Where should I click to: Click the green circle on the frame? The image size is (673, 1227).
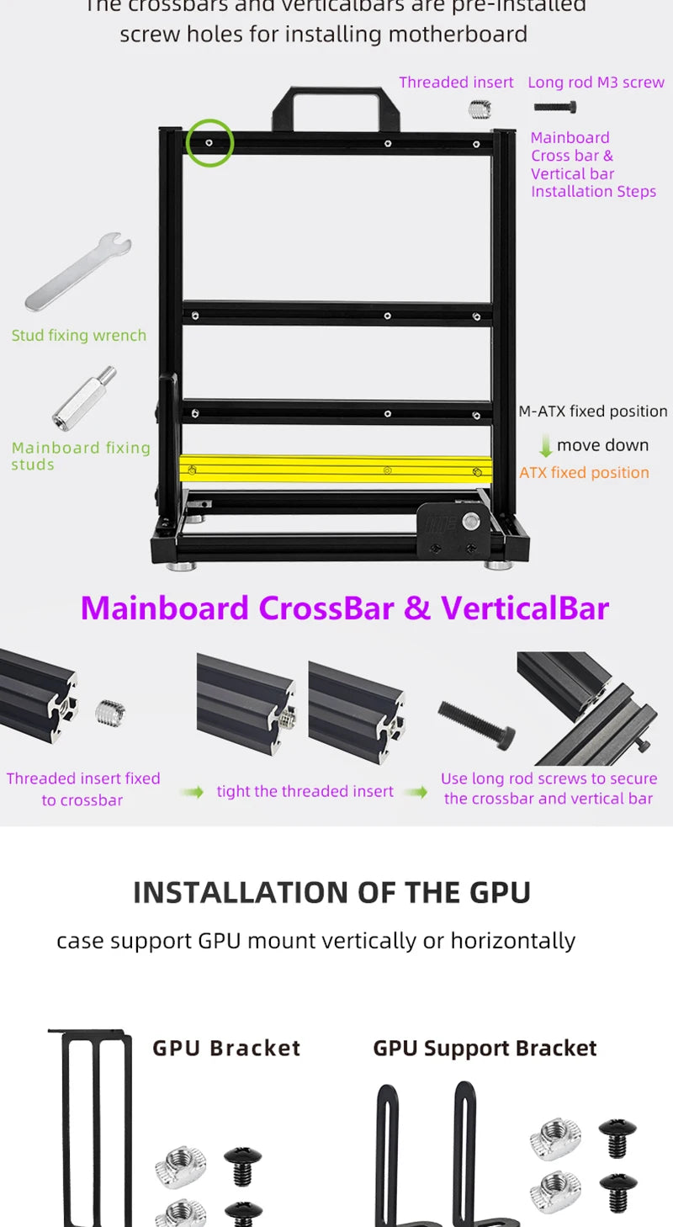209,142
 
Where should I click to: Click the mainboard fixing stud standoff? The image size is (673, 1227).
85,398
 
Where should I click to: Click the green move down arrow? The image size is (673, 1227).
545,446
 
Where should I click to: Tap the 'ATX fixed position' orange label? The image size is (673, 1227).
584,473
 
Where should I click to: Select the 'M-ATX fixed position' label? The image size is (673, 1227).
592,412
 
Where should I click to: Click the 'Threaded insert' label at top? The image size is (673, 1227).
456,82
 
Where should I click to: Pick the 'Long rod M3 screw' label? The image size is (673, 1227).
596,82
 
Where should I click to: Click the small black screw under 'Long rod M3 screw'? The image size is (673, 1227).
555,107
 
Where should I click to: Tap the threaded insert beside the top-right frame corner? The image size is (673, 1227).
480,109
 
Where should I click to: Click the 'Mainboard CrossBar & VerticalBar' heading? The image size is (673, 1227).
344,608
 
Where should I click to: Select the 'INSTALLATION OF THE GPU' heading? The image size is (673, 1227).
332,892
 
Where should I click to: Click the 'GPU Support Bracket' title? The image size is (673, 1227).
485,1048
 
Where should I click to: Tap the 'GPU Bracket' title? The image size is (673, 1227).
226,1048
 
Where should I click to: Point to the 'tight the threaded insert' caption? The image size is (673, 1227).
305,792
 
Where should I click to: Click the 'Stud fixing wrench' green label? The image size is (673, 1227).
79,336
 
